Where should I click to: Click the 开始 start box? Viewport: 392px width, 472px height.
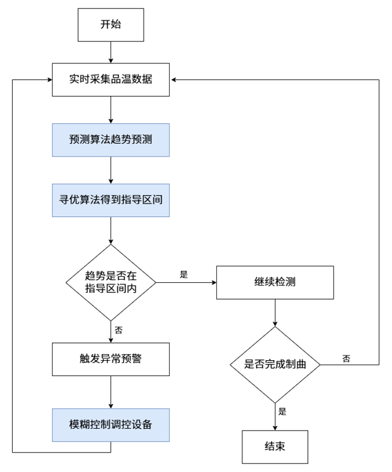110,25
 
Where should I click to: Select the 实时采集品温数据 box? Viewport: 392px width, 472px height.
110,80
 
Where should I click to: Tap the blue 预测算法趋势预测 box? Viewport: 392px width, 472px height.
110,140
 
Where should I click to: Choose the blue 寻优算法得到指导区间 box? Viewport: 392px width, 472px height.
110,200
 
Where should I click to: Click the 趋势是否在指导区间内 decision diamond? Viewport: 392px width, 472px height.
110,282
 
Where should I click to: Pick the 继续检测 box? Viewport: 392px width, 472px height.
275,282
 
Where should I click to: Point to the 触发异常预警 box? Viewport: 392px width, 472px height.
110,359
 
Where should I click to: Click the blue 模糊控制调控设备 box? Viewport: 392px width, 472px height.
110,425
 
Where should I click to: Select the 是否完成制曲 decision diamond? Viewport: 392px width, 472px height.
275,365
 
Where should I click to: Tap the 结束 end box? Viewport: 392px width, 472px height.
275,447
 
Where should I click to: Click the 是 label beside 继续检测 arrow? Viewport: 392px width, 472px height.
184,274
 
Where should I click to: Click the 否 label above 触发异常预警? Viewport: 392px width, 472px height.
118,330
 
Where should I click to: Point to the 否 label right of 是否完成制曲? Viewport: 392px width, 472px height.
346,359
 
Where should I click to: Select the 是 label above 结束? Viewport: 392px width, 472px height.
282,411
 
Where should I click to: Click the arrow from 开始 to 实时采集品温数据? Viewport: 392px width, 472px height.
110,53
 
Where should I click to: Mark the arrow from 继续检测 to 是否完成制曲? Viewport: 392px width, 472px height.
275,313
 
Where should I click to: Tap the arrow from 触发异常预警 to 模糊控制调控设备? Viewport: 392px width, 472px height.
110,392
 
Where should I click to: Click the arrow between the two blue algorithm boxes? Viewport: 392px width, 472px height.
110,170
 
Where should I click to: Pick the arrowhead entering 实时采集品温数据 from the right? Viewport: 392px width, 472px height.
174,80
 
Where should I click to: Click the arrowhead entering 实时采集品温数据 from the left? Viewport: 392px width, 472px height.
50,80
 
